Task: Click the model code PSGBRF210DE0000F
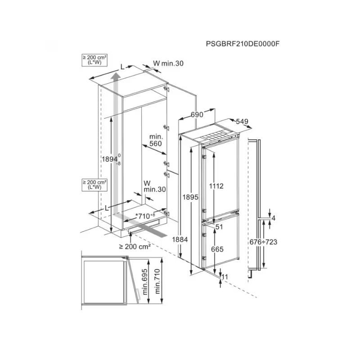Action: tap(246, 44)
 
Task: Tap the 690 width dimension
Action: tap(197, 115)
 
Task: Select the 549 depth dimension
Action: tap(242, 121)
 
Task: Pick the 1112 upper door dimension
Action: tap(216, 185)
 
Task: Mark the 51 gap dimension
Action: tap(219, 227)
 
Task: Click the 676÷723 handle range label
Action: tap(263, 242)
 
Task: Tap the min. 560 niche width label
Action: tap(155, 140)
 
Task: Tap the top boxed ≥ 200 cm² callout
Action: tap(94, 60)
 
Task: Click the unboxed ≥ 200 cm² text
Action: tap(135, 246)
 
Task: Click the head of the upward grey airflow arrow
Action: tap(116, 81)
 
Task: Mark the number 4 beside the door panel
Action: tap(273, 218)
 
